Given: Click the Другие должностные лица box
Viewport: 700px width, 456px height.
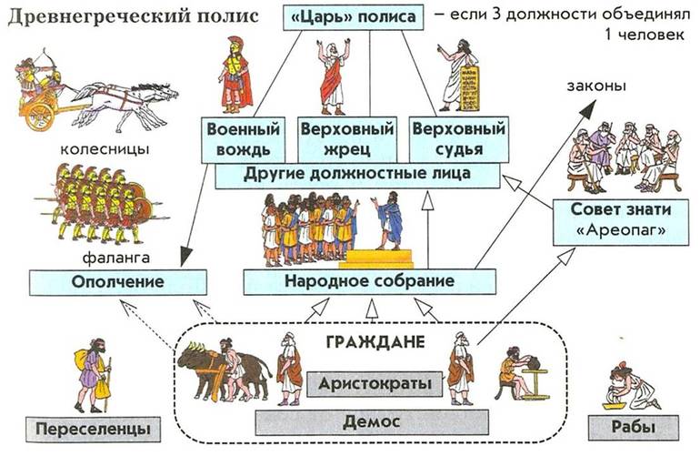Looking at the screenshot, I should [356, 175].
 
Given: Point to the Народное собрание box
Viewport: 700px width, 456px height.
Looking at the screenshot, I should [361, 281].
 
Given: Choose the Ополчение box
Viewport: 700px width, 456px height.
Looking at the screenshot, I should [109, 281].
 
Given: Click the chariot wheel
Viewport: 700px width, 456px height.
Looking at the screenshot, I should [39, 114].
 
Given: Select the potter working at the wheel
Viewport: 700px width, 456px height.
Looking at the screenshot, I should [518, 374].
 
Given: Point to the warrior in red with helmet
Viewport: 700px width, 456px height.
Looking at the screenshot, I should [236, 77].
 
